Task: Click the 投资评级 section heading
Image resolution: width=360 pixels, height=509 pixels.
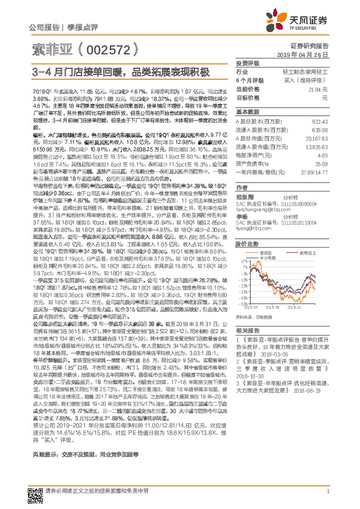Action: (x=246, y=62)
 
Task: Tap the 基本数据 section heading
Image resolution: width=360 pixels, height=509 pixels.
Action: (x=246, y=112)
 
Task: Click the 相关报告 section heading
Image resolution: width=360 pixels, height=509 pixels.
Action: (x=246, y=331)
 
